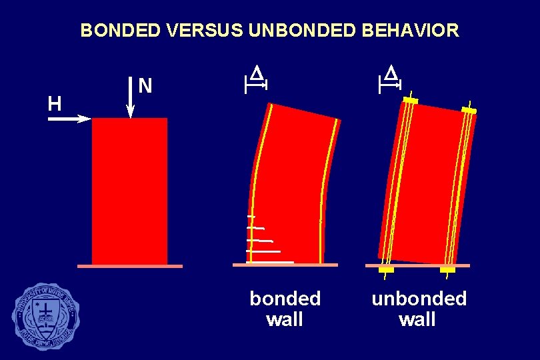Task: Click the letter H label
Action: coord(55,103)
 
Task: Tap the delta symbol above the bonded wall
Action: coord(256,73)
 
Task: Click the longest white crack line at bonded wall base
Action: coord(269,263)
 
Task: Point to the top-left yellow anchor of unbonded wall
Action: coord(410,100)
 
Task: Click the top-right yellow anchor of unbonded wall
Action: coord(469,110)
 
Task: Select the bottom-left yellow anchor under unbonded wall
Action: coord(386,270)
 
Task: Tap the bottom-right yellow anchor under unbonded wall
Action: coord(447,270)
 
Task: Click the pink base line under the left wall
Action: coord(129,266)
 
